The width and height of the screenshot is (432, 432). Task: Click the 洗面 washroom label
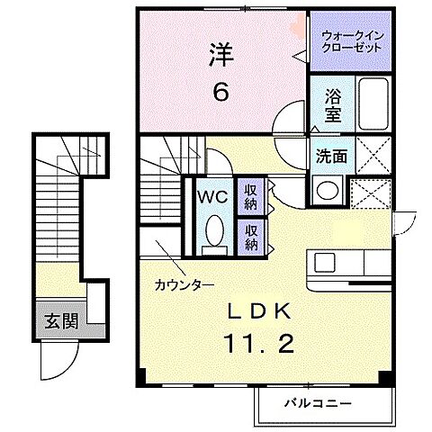(329, 155)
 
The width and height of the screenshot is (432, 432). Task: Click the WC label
(213, 196)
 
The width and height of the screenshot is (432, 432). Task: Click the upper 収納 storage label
(250, 195)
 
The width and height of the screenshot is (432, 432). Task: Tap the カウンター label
(184, 284)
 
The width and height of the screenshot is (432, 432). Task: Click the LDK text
(255, 311)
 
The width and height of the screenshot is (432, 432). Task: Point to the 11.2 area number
(255, 344)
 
